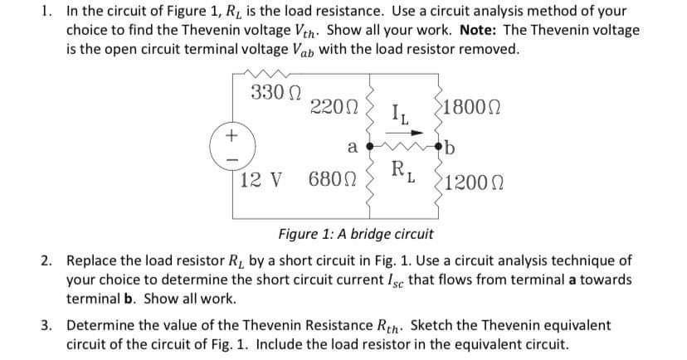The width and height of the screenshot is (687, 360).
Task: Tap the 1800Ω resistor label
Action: pos(475,107)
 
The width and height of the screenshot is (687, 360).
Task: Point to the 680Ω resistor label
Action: pos(332,179)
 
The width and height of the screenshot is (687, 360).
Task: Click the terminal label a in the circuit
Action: pos(352,148)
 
